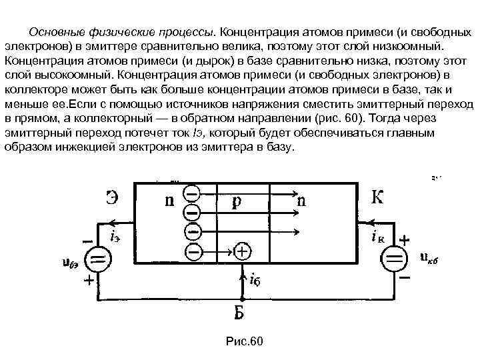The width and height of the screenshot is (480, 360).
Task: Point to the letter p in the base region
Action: pyautogui.click(x=236, y=200)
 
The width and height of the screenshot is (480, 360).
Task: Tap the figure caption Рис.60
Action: pyautogui.click(x=245, y=341)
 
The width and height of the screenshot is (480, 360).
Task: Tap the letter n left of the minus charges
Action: pyautogui.click(x=169, y=200)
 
